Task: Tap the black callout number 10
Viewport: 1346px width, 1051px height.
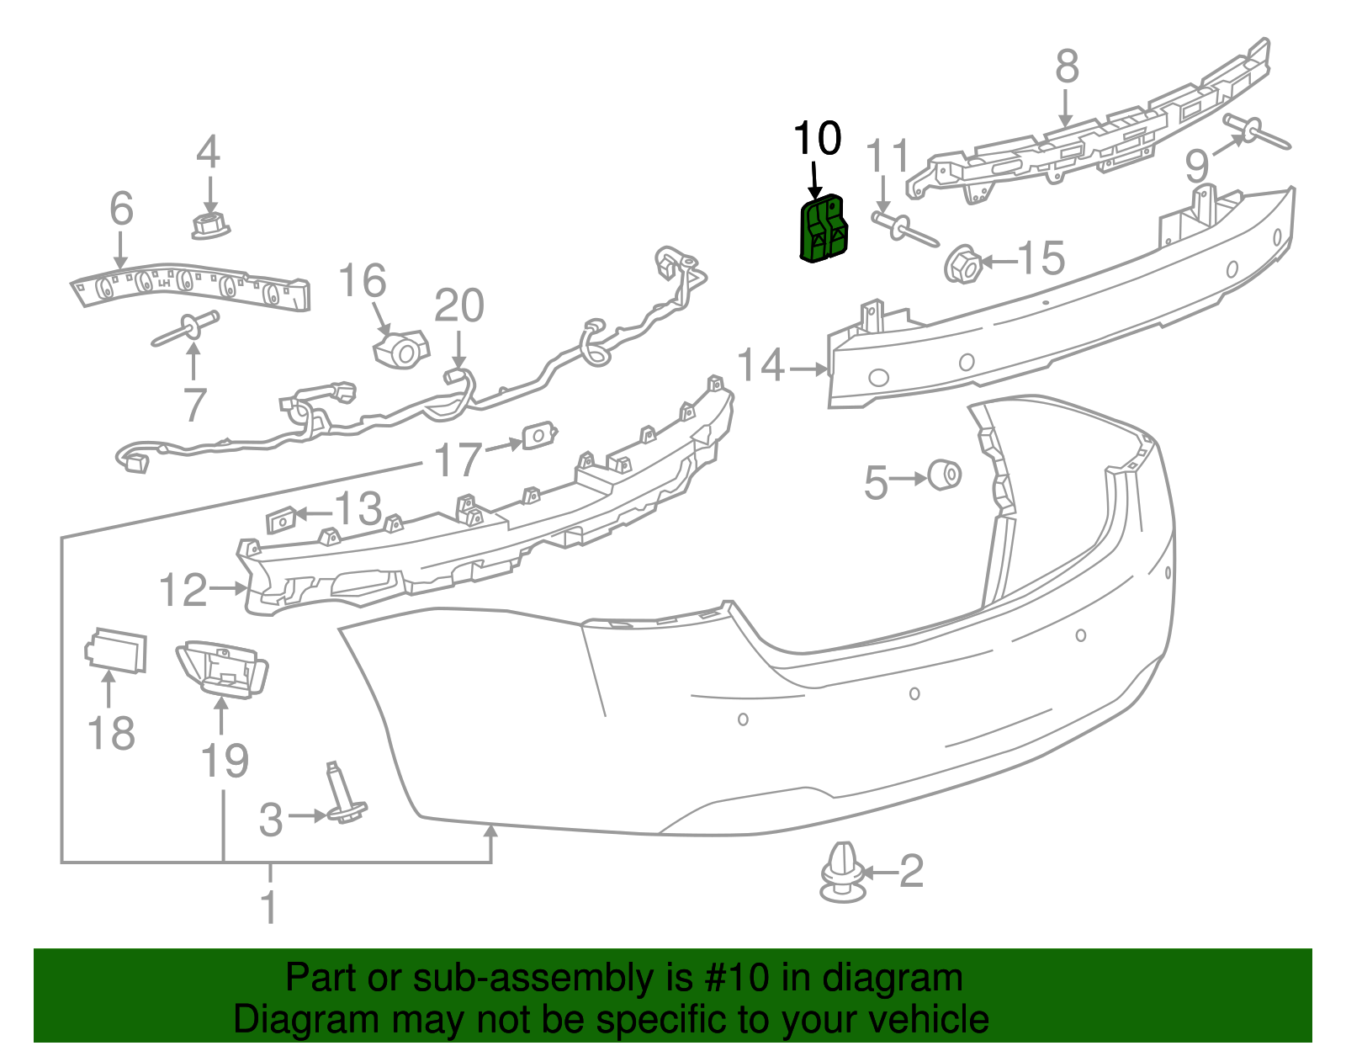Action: tap(817, 138)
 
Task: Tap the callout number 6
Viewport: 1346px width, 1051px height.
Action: tap(121, 208)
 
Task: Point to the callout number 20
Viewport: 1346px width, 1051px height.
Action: tap(459, 306)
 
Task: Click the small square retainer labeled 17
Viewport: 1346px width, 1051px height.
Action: tap(539, 435)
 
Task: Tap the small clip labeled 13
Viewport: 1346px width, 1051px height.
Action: tap(280, 521)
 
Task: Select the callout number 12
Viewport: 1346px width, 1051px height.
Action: tap(183, 590)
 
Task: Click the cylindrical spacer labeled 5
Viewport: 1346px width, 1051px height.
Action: tap(945, 474)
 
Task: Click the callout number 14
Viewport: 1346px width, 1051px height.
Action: tap(761, 367)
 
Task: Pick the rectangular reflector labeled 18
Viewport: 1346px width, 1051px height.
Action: tap(116, 650)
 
